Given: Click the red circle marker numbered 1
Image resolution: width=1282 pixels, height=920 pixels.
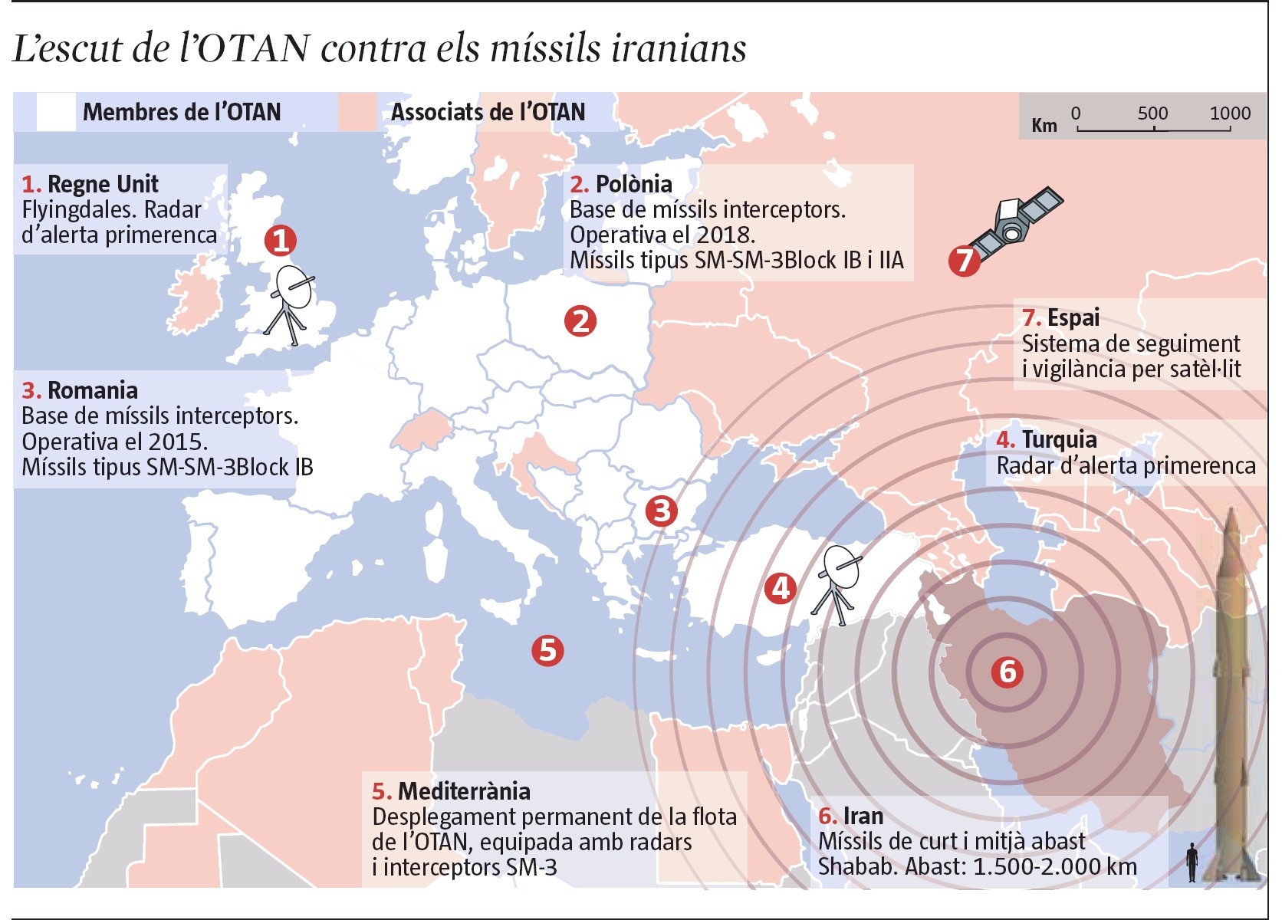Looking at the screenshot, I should click(281, 240).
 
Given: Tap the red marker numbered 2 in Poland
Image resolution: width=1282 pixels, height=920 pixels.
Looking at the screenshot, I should click(580, 320).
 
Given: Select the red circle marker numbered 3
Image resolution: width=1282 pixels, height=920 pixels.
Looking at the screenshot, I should click(661, 511).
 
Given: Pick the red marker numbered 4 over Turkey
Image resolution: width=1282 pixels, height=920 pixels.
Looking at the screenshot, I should click(781, 588).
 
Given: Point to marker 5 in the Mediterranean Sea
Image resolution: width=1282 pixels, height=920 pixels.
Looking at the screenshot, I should click(547, 650).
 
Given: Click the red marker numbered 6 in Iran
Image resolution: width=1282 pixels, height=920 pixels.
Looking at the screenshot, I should click(1007, 672).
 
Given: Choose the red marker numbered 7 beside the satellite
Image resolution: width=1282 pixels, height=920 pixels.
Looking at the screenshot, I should click(964, 260).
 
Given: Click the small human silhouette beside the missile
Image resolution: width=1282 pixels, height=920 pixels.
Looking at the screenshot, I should click(1192, 862).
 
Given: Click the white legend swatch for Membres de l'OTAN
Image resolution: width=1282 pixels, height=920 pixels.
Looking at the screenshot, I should click(56, 112).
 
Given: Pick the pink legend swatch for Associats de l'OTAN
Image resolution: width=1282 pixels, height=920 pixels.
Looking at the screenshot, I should click(358, 112).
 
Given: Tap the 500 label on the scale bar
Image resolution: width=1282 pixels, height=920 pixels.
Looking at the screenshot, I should click(1152, 113).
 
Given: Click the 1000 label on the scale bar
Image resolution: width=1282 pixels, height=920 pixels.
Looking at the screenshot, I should click(1230, 113).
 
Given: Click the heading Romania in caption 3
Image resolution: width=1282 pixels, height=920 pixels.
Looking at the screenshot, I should click(93, 390).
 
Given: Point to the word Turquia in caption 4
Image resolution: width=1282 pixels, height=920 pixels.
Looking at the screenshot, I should click(1059, 440).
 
